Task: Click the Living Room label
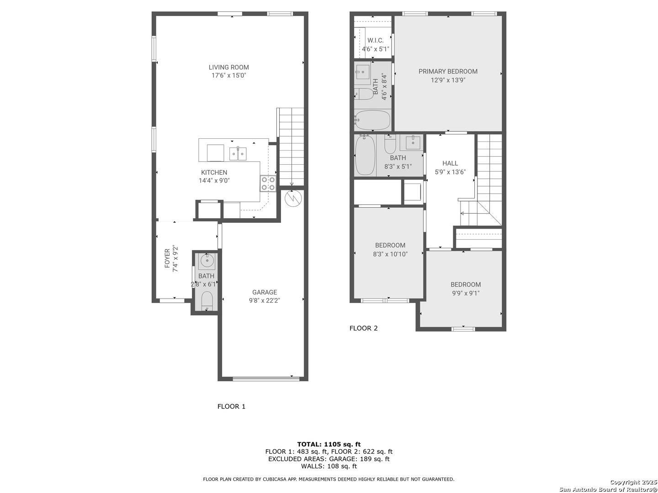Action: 228,68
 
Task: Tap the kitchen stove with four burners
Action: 268,184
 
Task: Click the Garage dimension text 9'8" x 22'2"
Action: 264,301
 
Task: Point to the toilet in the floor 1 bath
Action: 207,301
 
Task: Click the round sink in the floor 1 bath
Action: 207,262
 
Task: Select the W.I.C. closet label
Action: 376,41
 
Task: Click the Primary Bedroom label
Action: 448,71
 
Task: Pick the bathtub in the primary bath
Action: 373,120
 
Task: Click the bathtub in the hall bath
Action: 365,155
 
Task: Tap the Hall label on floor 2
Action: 450,163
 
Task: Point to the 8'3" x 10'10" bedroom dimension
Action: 390,254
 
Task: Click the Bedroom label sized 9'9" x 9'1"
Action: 465,284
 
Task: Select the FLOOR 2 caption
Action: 363,328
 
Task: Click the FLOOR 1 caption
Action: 231,406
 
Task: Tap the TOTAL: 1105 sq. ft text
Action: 329,444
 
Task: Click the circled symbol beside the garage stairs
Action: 292,199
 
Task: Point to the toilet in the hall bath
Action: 390,145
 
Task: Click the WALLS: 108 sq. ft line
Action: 329,466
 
